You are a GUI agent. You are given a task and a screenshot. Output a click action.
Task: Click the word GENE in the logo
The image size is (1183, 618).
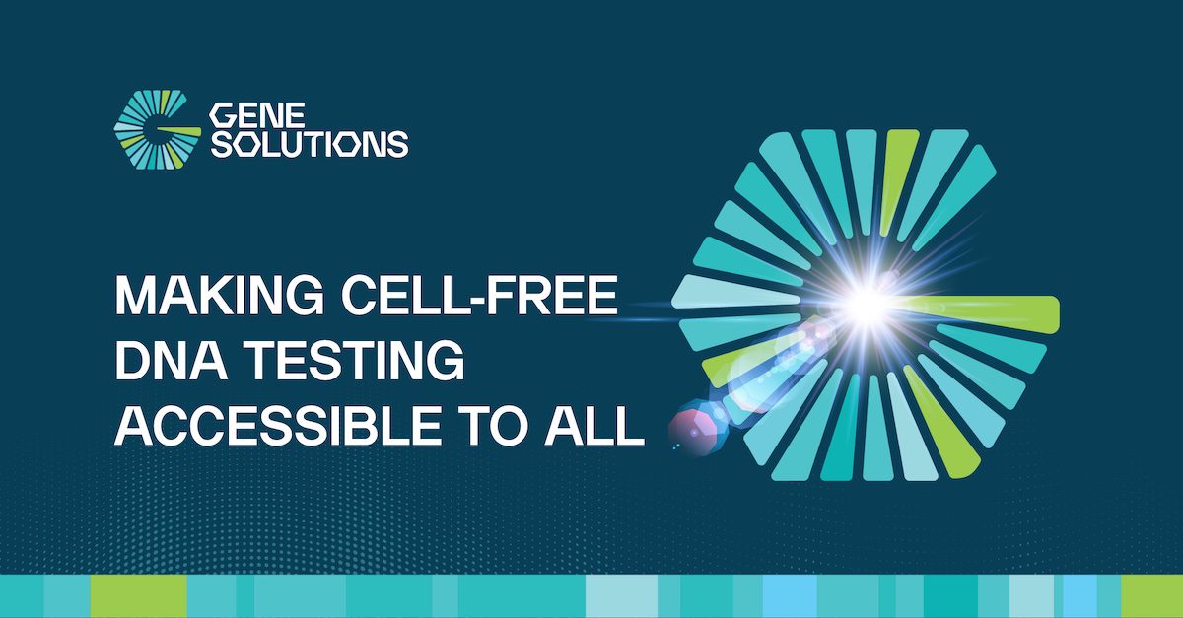(x=258, y=114)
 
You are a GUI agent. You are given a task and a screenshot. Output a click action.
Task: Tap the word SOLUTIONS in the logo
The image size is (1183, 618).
(x=310, y=144)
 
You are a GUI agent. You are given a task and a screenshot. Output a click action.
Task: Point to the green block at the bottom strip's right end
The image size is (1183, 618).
(x=1151, y=596)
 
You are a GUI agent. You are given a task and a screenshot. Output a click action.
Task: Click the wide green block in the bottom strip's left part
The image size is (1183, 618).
(x=138, y=596)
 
